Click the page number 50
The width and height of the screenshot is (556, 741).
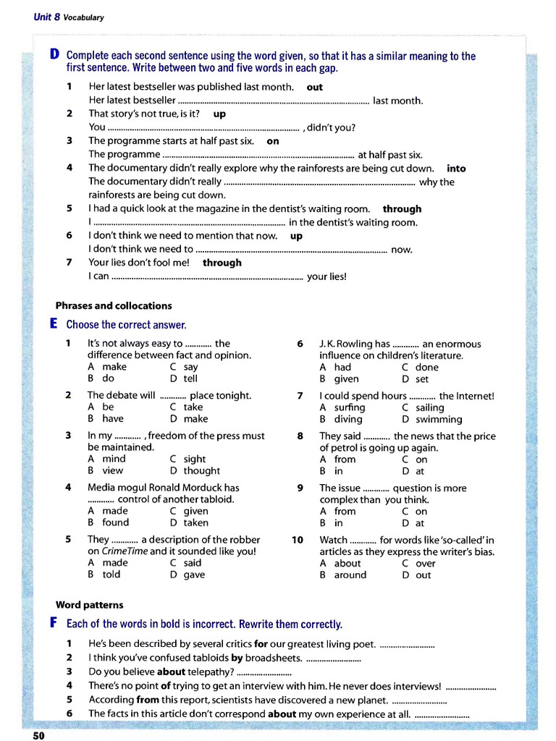pyautogui.click(x=38, y=735)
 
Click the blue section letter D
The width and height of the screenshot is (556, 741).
pyautogui.click(x=54, y=55)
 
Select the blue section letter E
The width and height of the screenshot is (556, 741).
pyautogui.click(x=54, y=324)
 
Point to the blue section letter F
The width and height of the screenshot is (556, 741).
pyautogui.click(x=54, y=623)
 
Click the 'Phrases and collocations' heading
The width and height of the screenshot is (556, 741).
pyautogui.click(x=114, y=305)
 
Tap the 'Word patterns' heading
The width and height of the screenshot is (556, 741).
pyautogui.click(x=90, y=604)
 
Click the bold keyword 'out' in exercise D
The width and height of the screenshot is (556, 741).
pyautogui.click(x=315, y=87)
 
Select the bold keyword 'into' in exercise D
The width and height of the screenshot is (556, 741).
pyautogui.click(x=456, y=168)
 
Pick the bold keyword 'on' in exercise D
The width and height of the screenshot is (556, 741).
pyautogui.click(x=273, y=141)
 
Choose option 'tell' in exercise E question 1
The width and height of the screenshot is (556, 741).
pyautogui.click(x=190, y=378)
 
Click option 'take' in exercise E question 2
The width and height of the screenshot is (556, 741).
pyautogui.click(x=193, y=407)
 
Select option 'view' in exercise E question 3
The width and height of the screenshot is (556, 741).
pyautogui.click(x=113, y=470)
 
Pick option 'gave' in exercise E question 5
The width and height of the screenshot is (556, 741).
pyautogui.click(x=194, y=575)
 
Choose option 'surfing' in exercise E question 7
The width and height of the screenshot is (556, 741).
pyautogui.click(x=350, y=407)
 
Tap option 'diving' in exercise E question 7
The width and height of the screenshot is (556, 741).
pyautogui.click(x=347, y=419)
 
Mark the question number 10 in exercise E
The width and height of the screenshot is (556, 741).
pyautogui.click(x=298, y=540)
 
